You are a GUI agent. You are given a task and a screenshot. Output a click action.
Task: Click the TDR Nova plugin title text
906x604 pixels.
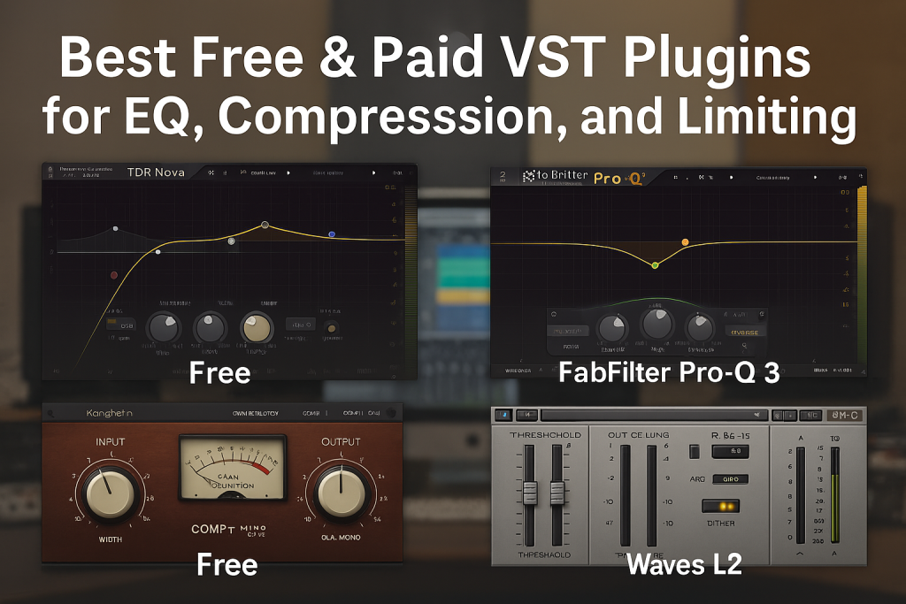[156, 172]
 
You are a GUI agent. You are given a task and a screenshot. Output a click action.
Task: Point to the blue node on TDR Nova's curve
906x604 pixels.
[332, 234]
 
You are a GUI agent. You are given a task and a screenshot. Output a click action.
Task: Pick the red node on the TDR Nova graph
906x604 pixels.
[114, 276]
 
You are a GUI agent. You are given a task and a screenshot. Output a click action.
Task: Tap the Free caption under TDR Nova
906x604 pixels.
[219, 373]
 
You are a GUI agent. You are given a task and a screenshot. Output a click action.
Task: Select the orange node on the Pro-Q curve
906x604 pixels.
[685, 241]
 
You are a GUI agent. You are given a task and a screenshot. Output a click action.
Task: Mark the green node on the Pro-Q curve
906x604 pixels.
[655, 264]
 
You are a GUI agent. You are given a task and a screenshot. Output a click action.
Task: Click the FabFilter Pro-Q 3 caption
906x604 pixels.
[669, 373]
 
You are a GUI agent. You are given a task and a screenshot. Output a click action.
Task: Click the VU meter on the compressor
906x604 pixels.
[233, 468]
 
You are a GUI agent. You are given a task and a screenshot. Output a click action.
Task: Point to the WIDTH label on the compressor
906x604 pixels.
[110, 539]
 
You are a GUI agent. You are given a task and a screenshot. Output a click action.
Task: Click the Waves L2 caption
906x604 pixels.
[683, 563]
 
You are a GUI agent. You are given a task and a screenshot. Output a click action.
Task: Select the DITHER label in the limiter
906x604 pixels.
[721, 524]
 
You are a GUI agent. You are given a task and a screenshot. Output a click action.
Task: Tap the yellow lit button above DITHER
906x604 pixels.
[721, 506]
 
